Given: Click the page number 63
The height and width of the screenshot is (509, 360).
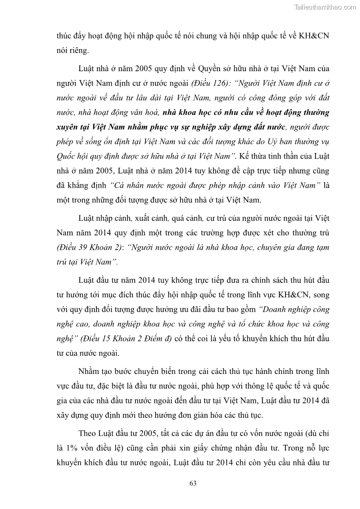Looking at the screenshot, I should pyautogui.click(x=192, y=483).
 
